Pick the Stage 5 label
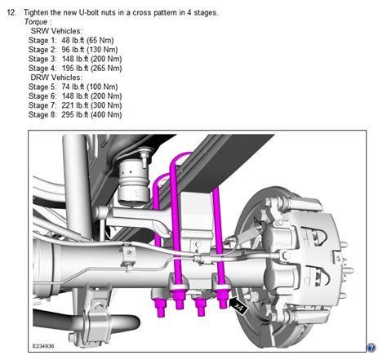coord(44,85)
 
